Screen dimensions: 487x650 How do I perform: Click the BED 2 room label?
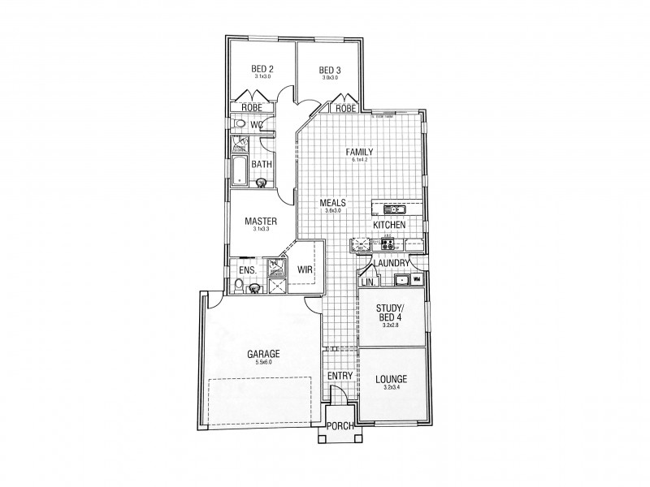pos(261,69)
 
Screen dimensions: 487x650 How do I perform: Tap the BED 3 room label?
pos(329,69)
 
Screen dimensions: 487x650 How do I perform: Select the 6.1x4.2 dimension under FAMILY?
pos(359,160)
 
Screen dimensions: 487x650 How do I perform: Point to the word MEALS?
pos(333,202)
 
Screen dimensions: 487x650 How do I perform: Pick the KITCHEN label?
pos(389,224)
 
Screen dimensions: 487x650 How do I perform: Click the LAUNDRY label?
pos(392,263)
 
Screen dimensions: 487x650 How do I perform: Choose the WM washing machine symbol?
pos(416,280)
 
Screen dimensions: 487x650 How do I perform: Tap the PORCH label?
pos(339,427)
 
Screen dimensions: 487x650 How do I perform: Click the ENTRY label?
pos(340,377)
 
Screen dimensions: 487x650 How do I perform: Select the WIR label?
pos(305,269)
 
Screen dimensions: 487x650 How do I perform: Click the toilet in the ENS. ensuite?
pos(237,284)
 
